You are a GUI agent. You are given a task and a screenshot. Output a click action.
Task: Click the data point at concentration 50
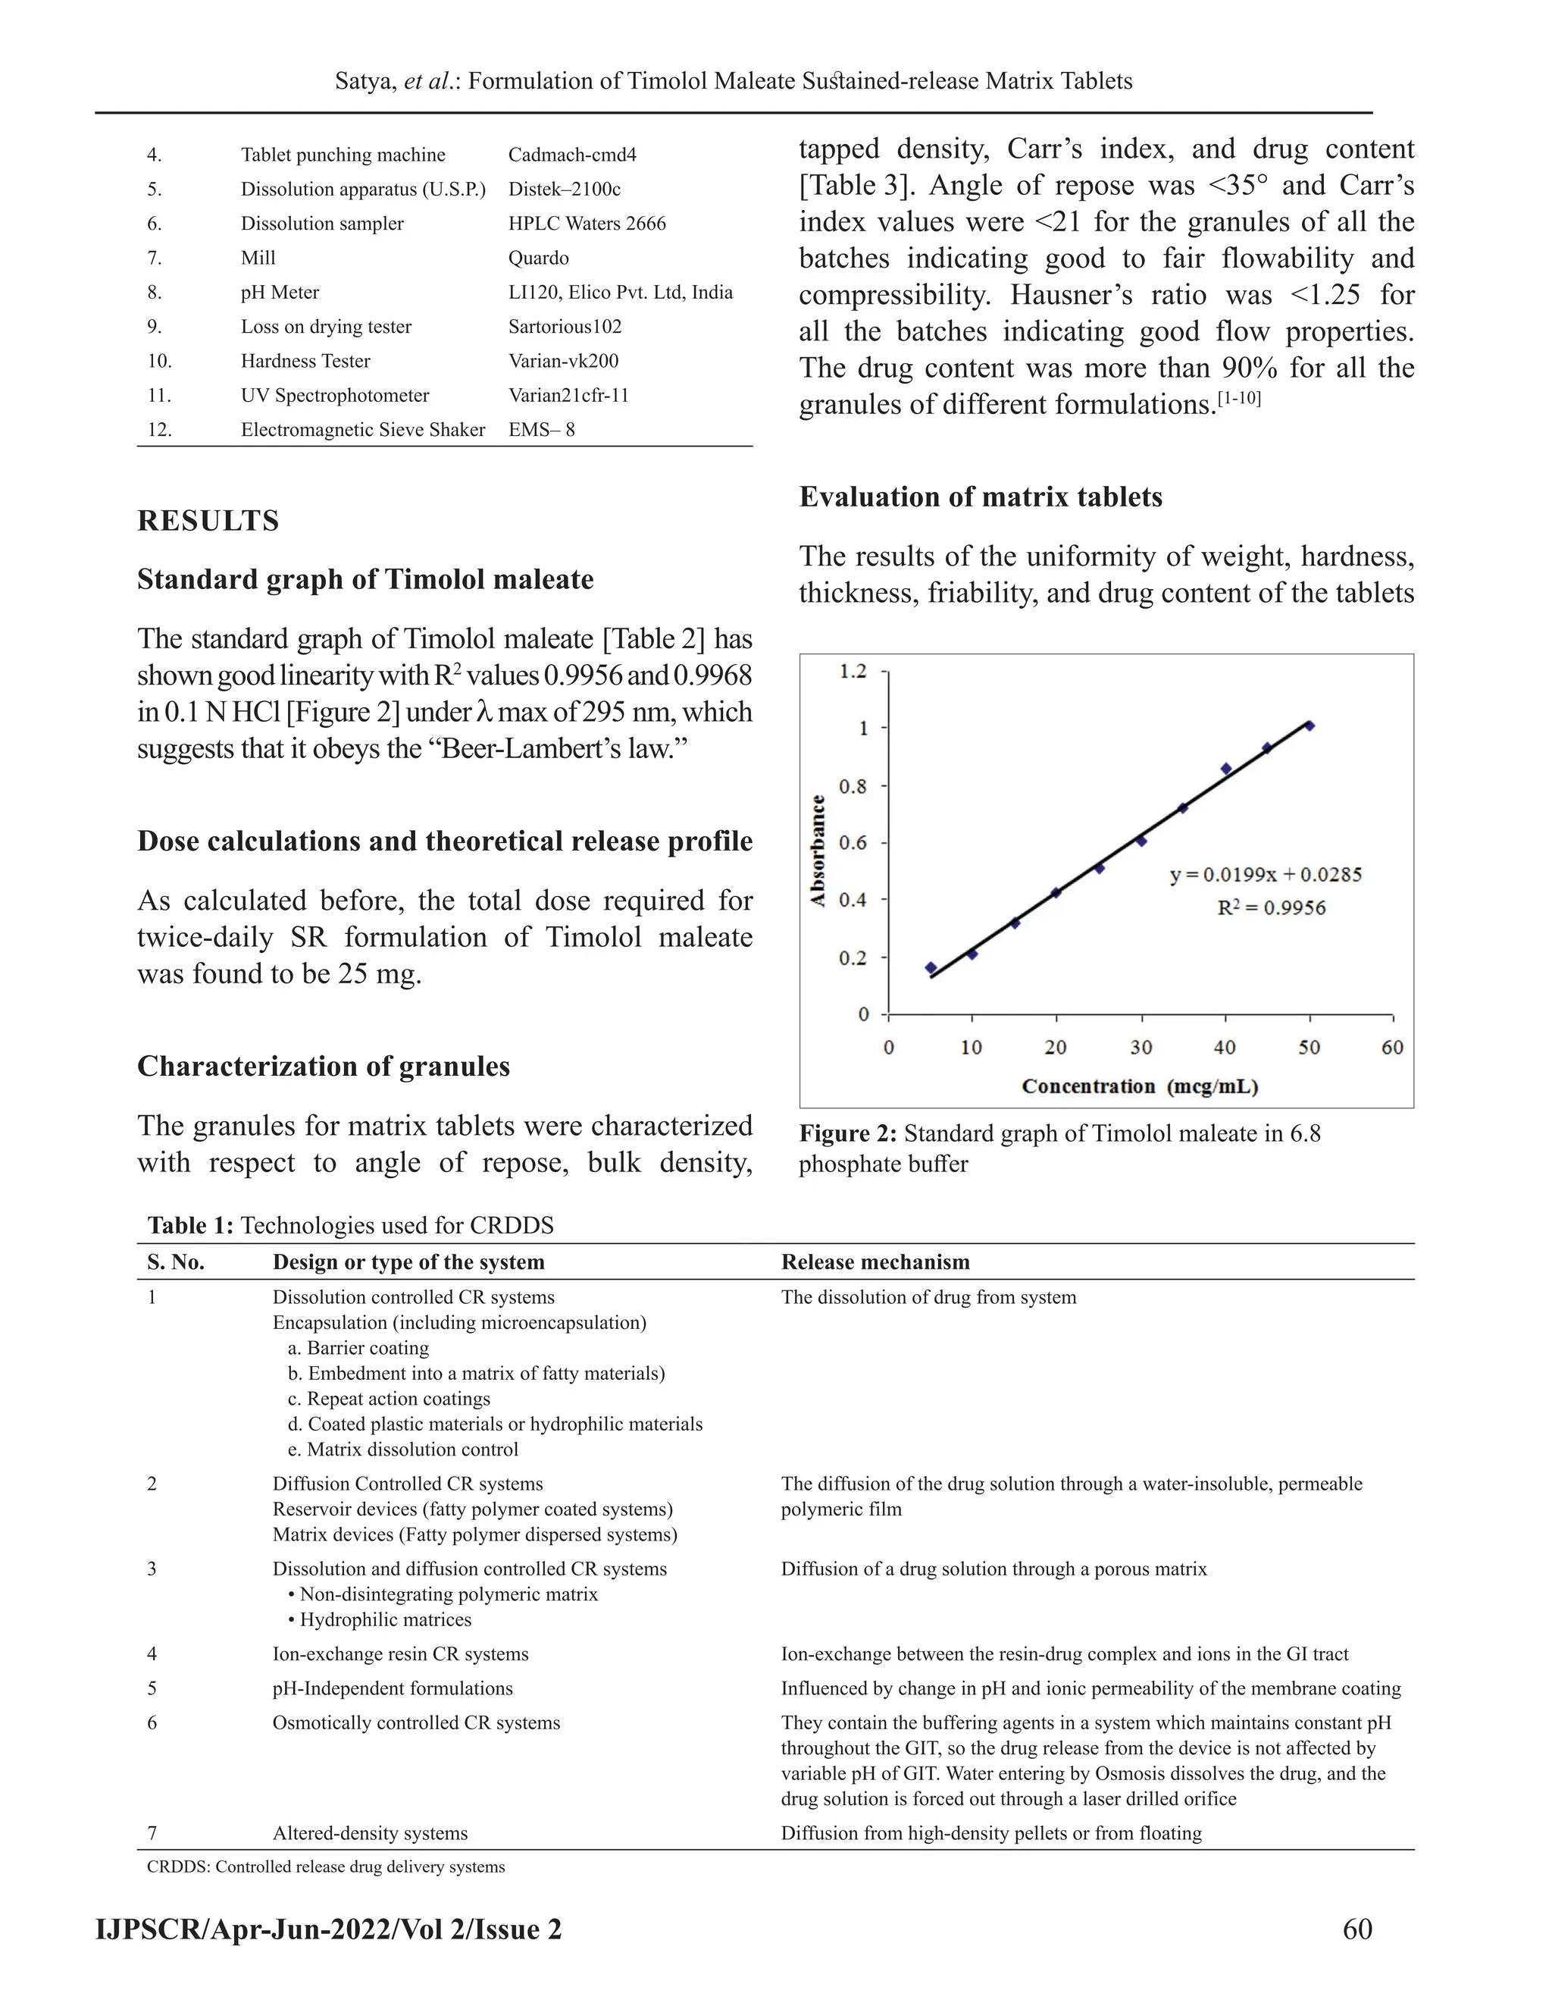click(x=1309, y=726)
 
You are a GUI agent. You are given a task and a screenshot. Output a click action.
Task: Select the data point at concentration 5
click(x=931, y=967)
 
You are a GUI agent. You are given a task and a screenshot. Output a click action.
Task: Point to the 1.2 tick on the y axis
click(x=853, y=672)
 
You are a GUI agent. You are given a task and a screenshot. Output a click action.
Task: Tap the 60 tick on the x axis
click(x=1392, y=1047)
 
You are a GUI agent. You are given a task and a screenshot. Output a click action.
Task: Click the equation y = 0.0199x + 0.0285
click(x=1265, y=875)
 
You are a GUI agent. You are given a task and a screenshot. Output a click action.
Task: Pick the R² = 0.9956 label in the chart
click(x=1271, y=908)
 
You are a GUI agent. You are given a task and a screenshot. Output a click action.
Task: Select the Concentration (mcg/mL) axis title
click(x=1139, y=1086)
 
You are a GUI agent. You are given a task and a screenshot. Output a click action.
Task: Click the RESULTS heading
click(x=208, y=521)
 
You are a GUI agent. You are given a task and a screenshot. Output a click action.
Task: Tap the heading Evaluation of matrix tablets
click(x=980, y=497)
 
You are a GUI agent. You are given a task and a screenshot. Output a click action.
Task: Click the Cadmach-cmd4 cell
click(x=572, y=155)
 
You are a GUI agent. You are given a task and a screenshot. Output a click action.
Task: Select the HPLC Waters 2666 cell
click(x=587, y=224)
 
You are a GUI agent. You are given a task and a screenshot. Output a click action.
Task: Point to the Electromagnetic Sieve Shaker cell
click(x=362, y=430)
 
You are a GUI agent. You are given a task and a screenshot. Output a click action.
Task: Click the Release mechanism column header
click(x=875, y=1262)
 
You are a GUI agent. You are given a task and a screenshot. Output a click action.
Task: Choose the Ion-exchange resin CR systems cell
click(x=400, y=1654)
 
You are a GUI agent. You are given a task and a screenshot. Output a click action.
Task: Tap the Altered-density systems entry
click(x=370, y=1833)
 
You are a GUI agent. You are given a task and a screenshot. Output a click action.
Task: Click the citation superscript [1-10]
click(x=1238, y=400)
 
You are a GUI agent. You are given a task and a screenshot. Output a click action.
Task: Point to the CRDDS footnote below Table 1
click(x=325, y=1866)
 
